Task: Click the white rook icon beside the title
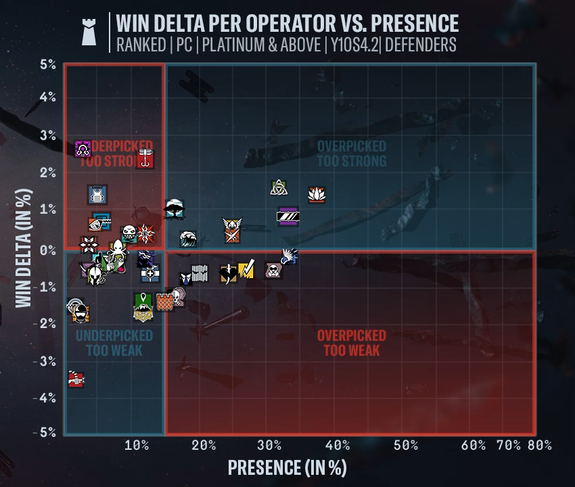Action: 89,32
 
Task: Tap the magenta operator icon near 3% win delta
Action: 83,148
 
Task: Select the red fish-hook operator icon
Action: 145,160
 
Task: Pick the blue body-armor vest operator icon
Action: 97,195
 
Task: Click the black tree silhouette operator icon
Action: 173,209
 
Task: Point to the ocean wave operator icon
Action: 189,238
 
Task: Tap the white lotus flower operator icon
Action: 316,195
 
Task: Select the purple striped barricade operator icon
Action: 287,216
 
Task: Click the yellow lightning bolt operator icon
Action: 246,270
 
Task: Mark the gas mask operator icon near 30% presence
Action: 273,271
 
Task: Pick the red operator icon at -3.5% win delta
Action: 76,379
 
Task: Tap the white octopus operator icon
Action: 116,248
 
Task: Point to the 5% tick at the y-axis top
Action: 47,65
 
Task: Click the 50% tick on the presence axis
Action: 405,445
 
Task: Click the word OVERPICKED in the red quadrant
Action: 351,335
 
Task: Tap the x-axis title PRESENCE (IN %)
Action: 287,467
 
